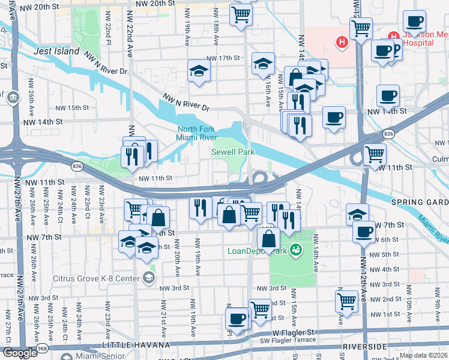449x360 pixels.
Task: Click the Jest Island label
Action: (x=57, y=51)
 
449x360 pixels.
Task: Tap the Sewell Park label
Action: (x=233, y=152)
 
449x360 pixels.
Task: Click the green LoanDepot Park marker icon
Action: (x=295, y=250)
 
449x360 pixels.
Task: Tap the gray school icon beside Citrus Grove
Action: (x=148, y=278)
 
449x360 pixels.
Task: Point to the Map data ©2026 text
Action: (x=423, y=355)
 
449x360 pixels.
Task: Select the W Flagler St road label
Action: (x=293, y=332)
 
